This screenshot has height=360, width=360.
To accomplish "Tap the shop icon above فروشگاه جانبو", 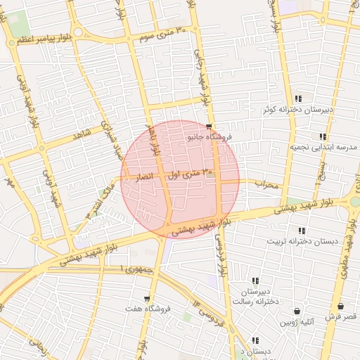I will click(x=208, y=127).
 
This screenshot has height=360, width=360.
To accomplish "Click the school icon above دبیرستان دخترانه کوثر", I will click(x=299, y=98).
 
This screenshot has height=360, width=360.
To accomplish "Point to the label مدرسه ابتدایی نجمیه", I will click(x=323, y=148).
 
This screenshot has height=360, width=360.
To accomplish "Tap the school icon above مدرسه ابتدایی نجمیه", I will click(x=323, y=136).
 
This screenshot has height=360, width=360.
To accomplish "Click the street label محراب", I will click(x=267, y=185).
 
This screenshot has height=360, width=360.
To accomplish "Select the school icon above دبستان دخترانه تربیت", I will click(x=302, y=231).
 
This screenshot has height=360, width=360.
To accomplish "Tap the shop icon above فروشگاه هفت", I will click(x=147, y=299).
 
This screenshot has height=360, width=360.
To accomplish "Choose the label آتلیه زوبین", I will click(x=297, y=322).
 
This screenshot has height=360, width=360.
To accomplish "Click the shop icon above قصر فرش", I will click(x=341, y=307).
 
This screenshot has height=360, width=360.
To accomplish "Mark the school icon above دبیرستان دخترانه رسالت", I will click(x=255, y=281).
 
